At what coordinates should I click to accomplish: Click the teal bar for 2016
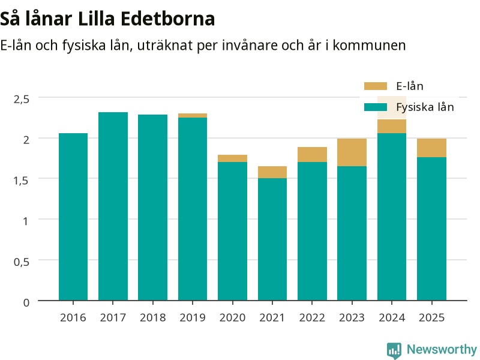(x=73, y=217)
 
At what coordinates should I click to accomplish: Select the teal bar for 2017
(x=113, y=206)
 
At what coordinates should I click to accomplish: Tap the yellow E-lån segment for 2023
(x=352, y=152)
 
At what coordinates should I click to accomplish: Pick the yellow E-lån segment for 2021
(x=272, y=172)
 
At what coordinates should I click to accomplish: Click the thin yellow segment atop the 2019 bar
(x=193, y=115)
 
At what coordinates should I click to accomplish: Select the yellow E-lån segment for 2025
(x=431, y=148)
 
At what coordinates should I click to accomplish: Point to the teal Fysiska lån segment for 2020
(x=232, y=231)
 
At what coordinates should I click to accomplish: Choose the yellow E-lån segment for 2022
(x=312, y=155)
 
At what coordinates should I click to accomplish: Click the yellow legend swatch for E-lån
(x=376, y=86)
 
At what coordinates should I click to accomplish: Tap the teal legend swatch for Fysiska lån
(x=376, y=107)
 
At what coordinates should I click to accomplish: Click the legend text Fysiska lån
(x=425, y=107)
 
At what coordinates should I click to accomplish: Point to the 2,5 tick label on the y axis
(x=22, y=99)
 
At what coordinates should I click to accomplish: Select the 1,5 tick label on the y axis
(x=22, y=181)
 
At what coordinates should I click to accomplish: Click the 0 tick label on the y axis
(x=26, y=302)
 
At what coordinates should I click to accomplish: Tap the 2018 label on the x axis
(x=153, y=317)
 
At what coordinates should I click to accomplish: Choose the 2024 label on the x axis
(x=392, y=317)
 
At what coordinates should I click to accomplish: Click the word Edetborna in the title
(x=168, y=19)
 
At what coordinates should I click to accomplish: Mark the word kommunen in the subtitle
(x=369, y=46)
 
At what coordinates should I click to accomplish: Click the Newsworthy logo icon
(x=394, y=350)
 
